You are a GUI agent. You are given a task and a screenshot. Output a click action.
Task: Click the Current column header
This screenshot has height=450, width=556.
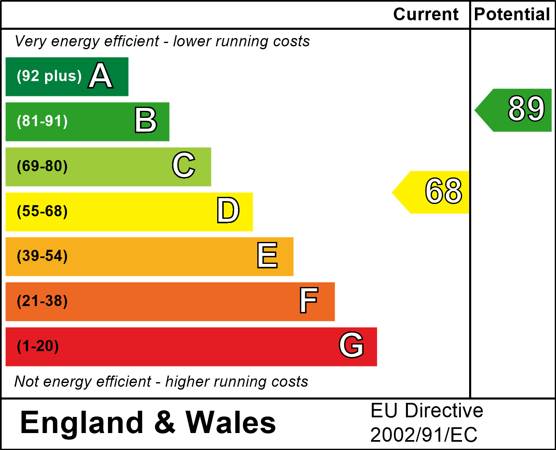(x=426, y=14)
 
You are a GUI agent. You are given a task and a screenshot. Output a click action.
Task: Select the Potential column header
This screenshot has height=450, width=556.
(x=512, y=14)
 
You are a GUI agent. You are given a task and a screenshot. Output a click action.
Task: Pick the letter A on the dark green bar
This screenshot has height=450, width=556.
(x=100, y=76)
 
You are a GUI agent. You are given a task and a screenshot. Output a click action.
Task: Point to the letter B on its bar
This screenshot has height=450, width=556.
(x=146, y=121)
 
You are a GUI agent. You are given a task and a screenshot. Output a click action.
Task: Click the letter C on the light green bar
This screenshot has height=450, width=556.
(x=183, y=165)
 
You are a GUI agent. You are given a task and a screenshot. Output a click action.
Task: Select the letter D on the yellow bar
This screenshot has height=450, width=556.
(x=228, y=211)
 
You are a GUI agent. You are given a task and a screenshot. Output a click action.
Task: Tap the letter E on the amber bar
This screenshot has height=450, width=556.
(x=267, y=256)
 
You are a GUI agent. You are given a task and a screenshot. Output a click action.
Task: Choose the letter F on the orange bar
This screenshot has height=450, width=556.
(x=309, y=301)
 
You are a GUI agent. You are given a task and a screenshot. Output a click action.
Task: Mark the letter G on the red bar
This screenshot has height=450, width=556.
(x=351, y=345)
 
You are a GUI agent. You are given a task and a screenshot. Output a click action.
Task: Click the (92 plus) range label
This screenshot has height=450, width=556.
(x=49, y=76)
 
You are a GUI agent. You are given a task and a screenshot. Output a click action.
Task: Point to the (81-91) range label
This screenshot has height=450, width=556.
(x=42, y=121)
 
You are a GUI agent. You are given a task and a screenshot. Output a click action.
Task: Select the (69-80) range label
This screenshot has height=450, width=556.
(x=42, y=166)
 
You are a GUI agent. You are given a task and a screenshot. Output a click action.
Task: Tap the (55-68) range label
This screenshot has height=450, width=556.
(x=42, y=211)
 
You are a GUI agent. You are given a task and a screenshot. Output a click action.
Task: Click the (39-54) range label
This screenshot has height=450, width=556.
(x=42, y=256)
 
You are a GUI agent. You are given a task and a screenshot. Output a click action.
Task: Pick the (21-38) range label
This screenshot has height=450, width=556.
(x=42, y=301)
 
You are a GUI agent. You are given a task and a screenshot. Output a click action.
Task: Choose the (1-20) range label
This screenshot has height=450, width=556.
(x=38, y=346)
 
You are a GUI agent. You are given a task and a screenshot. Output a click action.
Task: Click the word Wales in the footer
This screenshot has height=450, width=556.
(x=230, y=423)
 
